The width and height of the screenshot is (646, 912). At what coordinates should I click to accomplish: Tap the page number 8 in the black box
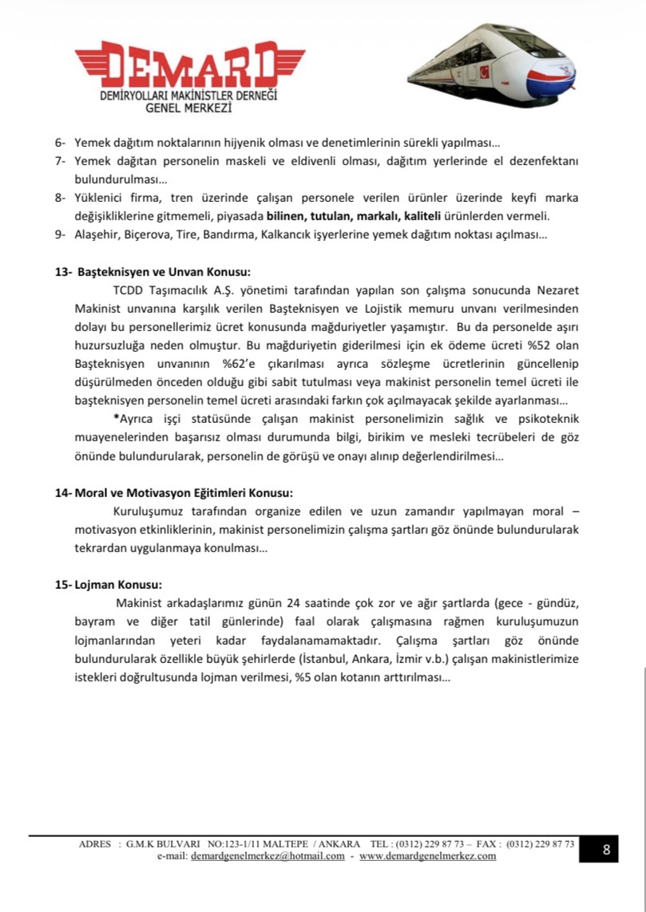(606, 850)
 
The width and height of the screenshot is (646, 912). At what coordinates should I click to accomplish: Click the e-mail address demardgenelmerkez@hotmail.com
(268, 856)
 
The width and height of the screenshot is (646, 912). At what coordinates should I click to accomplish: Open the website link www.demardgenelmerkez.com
(427, 856)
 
